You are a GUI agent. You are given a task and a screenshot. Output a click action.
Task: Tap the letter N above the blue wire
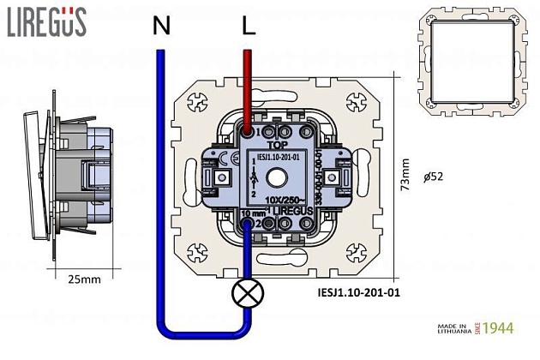tap(160, 27)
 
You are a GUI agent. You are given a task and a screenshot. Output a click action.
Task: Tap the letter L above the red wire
tap(249, 27)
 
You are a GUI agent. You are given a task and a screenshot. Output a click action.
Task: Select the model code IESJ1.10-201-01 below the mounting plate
tap(352, 291)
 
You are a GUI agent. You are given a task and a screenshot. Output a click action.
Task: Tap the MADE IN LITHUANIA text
tap(450, 330)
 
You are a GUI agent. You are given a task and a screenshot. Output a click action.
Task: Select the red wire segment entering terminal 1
tap(248, 90)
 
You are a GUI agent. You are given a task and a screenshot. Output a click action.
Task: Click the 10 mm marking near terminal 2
tap(255, 213)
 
